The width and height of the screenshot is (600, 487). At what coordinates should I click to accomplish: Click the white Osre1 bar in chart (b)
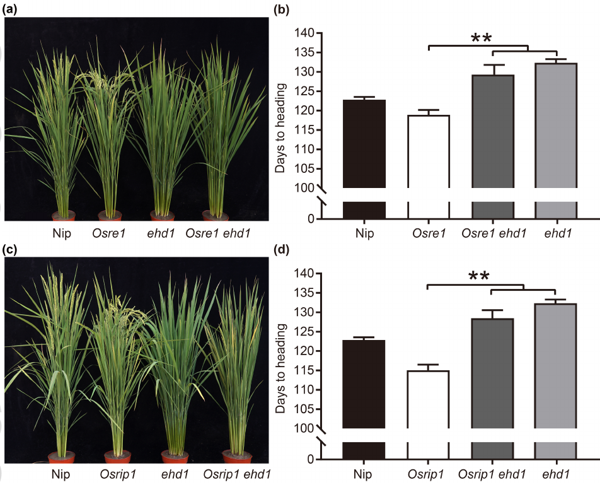pos(429,151)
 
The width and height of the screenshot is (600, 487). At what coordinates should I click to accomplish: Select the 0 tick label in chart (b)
pos(309,219)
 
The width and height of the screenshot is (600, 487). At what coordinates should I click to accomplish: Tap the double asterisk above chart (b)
pos(482,38)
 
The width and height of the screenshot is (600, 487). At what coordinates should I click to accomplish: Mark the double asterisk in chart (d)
pos(479,277)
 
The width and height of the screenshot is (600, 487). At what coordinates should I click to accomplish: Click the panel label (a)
pos(11,8)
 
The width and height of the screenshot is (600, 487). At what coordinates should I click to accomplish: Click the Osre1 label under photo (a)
pos(109,233)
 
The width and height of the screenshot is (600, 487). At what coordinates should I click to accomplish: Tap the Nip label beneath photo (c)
pos(61,474)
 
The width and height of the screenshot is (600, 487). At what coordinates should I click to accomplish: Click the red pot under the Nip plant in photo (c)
pos(61,457)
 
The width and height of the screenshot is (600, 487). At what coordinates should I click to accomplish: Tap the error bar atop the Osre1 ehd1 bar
pos(493,69)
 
